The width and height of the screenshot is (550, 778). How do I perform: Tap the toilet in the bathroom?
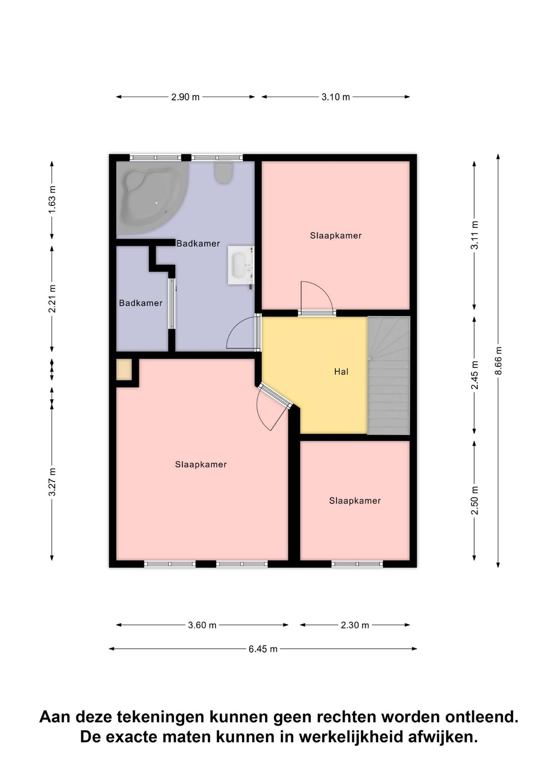pos(223,172)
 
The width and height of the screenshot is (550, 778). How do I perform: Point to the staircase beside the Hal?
pos(389,375)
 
